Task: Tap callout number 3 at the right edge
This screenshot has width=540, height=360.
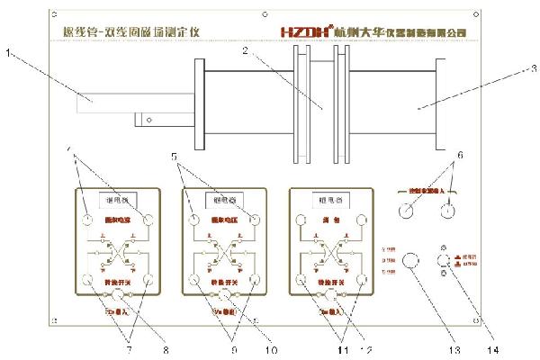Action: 532,67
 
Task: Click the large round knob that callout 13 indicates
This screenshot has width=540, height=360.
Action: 411,263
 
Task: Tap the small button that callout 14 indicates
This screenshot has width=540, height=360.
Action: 444,263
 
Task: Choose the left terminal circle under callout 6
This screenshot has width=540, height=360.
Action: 409,212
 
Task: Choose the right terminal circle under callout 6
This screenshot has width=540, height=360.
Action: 445,212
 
